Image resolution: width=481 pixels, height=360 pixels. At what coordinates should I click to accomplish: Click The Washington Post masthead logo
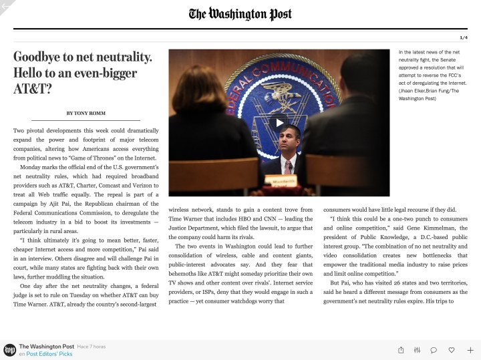tap(240, 14)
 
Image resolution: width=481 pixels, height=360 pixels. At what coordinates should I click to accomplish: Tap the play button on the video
tap(280, 122)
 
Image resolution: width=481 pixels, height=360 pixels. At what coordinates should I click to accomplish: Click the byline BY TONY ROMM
tap(85, 112)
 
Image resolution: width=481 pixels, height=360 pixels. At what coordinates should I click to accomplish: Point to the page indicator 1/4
tap(464, 37)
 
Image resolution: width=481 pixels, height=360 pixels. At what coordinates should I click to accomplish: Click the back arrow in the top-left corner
tap(6, 6)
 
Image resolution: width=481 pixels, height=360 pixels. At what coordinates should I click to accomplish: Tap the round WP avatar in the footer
tap(9, 349)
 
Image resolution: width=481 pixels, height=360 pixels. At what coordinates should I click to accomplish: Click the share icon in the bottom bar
tap(401, 349)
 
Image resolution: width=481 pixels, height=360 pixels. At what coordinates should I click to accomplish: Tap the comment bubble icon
tap(434, 349)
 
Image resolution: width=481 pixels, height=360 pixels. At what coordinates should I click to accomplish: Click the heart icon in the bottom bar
tap(452, 349)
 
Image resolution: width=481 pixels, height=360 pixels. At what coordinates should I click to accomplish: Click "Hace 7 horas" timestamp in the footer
tap(91, 346)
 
